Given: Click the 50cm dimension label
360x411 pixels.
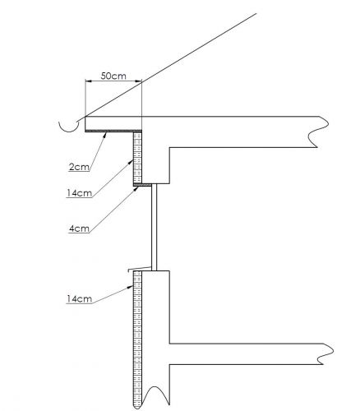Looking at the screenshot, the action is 113,76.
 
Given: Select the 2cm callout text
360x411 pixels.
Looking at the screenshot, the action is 79,167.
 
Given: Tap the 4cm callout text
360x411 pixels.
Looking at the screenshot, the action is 79,229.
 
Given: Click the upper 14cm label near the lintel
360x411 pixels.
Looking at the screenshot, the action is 79,193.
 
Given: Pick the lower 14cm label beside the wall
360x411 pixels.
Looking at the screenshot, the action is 79,298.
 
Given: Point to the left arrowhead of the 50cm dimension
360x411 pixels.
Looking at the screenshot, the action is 88,81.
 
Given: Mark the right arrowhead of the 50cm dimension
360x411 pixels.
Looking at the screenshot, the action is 139,81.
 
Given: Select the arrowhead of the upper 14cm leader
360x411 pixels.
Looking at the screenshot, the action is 131,162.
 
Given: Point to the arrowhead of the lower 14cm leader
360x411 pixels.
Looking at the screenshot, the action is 131,287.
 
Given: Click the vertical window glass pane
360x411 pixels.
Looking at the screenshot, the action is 155,227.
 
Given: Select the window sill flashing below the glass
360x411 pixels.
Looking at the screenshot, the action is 140,269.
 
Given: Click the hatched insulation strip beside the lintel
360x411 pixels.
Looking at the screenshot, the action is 137,158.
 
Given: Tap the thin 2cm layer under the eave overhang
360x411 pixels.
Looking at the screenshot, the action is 113,131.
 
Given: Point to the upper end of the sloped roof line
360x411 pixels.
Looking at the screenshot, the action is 256,13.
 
